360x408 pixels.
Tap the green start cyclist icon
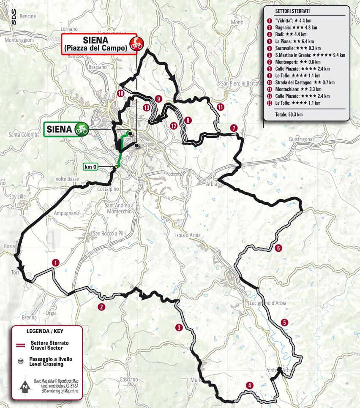81,129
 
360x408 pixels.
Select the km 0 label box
90,166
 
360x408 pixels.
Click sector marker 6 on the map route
278,248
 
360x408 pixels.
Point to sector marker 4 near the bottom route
250,385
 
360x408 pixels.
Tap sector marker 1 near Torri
55,263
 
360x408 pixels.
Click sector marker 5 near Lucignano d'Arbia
285,322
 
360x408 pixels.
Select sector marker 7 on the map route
233,128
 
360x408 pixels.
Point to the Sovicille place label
12,196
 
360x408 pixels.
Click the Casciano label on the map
129,379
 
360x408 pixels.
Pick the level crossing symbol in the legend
19,361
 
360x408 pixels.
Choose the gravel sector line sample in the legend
19,345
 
